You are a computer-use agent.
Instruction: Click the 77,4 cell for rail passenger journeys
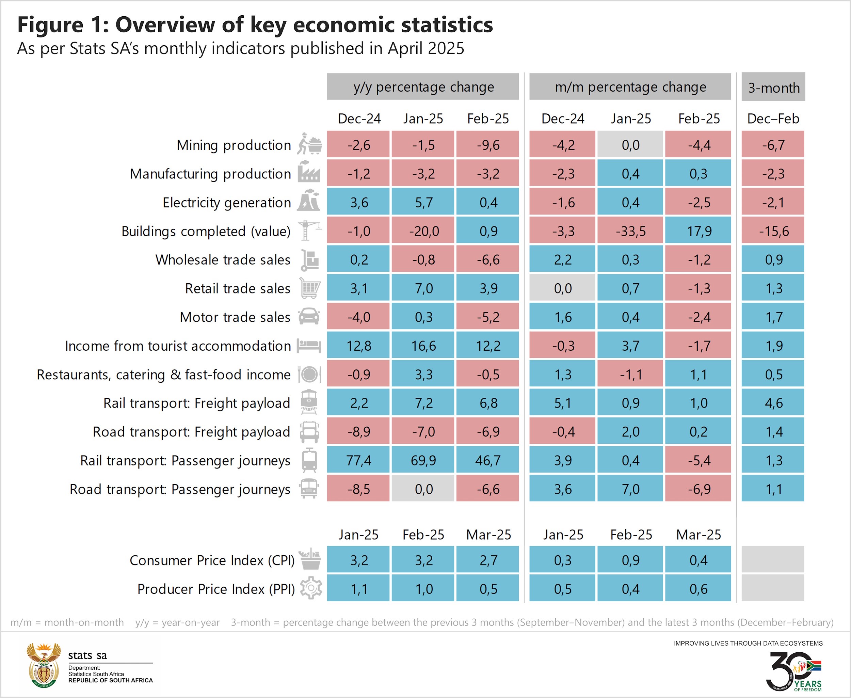pos(358,460)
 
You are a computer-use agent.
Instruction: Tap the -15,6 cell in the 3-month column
pos(773,231)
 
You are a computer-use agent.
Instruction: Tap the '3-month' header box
pos(773,87)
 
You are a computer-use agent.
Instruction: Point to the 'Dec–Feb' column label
pos(773,118)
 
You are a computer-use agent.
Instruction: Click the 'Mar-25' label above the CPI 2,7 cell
pos(488,535)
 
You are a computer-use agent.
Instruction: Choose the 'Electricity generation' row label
pos(227,202)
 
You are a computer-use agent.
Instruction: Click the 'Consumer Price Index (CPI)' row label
pos(212,560)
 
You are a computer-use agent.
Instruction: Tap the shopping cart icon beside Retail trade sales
pos(310,288)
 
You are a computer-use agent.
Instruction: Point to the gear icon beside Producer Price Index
pos(311,588)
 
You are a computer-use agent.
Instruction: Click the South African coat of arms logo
pos(44,665)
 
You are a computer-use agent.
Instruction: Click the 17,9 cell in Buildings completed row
pos(698,231)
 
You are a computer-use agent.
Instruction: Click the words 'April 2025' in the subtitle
pos(426,49)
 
